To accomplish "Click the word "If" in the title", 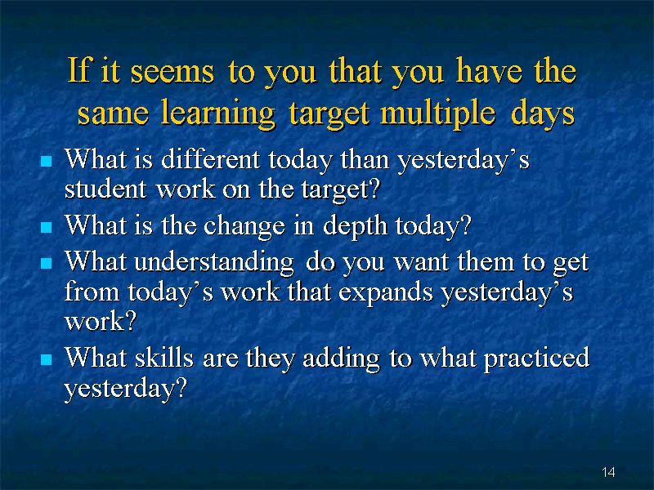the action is (79, 69).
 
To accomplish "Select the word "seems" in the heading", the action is (172, 72).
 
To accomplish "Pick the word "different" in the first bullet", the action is (211, 159).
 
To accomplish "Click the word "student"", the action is (105, 189).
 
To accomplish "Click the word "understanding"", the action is (214, 263).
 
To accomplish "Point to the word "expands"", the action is (385, 292).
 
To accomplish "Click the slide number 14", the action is (608, 472).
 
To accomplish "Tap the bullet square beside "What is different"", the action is (47, 161).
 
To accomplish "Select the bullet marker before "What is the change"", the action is (47, 228).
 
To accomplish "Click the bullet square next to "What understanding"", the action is (47, 263).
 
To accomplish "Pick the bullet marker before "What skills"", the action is (47, 359).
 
